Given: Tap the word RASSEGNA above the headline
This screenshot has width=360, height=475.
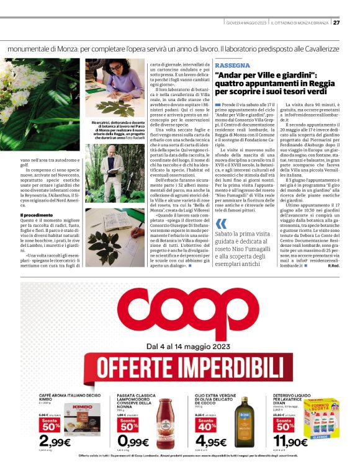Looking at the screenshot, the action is click(x=232, y=65).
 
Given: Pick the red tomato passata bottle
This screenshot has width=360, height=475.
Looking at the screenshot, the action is click(x=163, y=419).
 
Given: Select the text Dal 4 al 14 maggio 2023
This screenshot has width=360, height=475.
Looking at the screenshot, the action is click(x=179, y=347).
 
